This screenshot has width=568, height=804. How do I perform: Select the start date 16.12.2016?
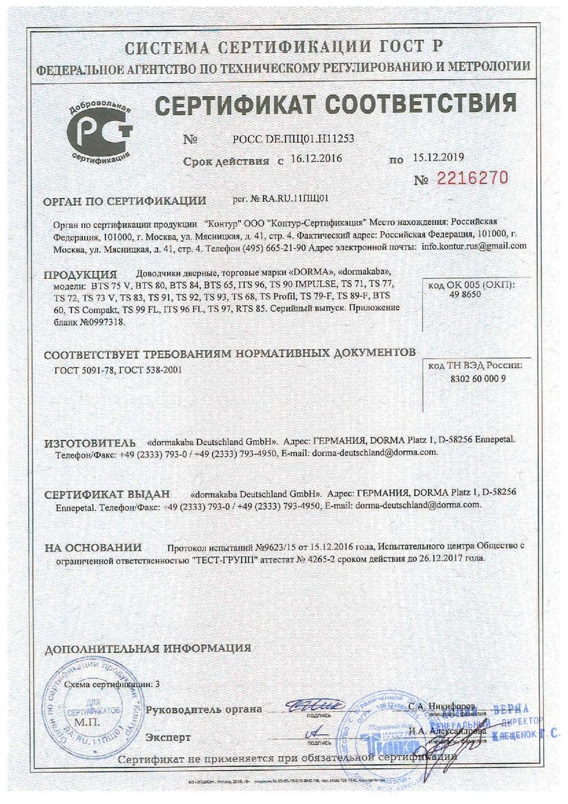click(315, 159)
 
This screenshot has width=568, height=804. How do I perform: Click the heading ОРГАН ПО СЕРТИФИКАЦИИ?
click(125, 202)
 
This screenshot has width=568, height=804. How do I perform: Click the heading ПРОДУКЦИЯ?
click(80, 274)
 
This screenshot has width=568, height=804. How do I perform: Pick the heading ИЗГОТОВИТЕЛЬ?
click(86, 441)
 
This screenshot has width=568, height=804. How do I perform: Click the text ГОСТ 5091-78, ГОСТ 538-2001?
click(119, 371)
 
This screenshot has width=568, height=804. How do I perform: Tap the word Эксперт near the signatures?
click(168, 737)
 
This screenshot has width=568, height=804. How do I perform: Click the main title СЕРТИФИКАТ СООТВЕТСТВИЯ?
click(335, 104)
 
